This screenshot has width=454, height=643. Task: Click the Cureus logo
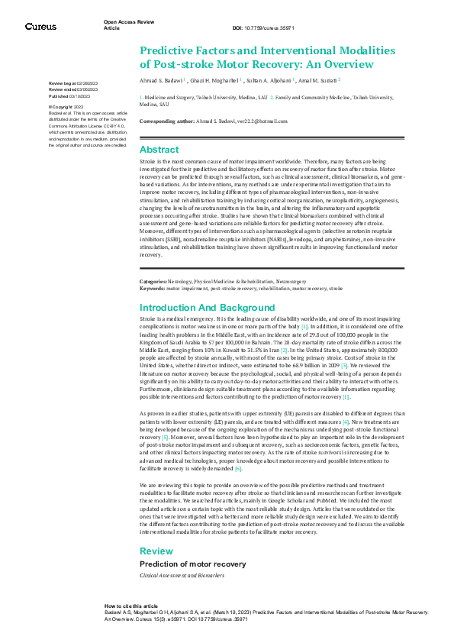(40, 27)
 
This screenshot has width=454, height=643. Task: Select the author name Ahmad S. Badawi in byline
(160, 79)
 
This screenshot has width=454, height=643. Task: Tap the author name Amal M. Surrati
(320, 79)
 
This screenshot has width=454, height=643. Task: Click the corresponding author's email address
(256, 121)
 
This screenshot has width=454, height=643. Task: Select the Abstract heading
(159, 150)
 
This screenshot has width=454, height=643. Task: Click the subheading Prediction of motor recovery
(192, 564)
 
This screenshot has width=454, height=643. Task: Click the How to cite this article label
(131, 605)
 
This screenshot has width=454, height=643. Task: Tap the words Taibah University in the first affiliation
(209, 98)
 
